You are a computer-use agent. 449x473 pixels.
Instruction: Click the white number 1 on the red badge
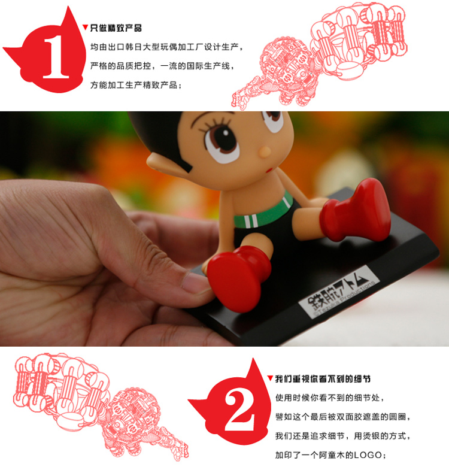tap(56, 57)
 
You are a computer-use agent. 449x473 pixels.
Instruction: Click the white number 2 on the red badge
tap(239, 410)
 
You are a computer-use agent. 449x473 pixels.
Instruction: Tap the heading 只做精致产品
tap(116, 28)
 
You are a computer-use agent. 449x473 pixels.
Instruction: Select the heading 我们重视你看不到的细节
tap(323, 379)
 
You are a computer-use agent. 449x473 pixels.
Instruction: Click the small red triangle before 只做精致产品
tap(86, 27)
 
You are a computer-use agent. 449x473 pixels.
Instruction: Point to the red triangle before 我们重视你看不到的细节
tap(270, 378)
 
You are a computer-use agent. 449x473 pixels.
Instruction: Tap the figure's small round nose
tap(265, 152)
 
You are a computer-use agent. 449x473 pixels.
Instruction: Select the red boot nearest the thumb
tap(238, 278)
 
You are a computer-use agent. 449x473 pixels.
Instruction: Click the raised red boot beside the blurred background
tap(356, 211)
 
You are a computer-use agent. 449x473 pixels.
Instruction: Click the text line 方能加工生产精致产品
tap(136, 85)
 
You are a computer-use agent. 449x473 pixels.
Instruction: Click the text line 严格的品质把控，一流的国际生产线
tap(162, 66)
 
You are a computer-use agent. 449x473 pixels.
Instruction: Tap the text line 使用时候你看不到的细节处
tap(330, 398)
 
